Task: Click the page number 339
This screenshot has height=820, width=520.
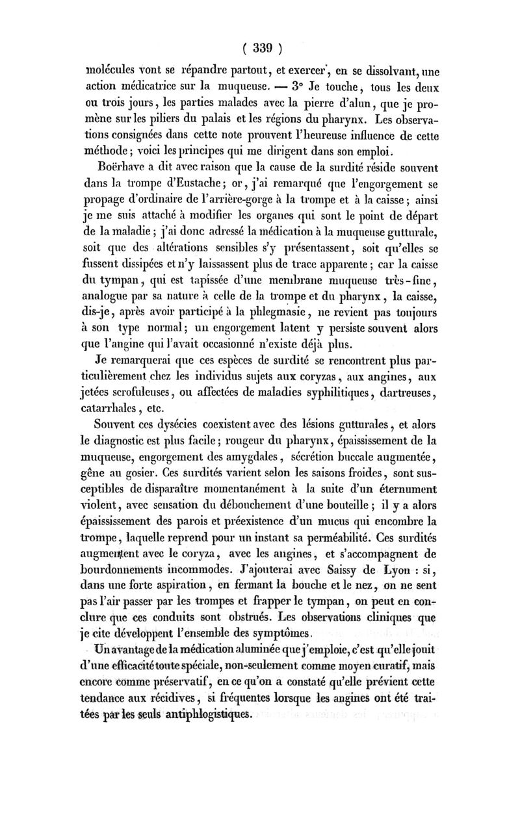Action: [x=261, y=47]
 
